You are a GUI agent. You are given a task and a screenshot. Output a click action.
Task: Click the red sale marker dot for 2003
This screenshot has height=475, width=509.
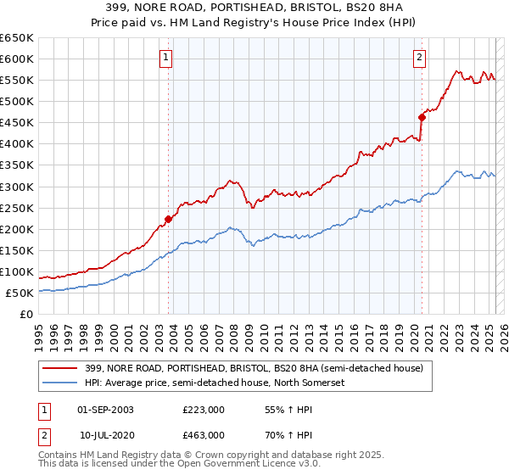coord(168,219)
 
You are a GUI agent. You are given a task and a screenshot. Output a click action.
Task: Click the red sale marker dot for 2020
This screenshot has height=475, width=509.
coord(422,117)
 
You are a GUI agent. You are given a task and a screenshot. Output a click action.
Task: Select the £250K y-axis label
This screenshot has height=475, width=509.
coord(17,208)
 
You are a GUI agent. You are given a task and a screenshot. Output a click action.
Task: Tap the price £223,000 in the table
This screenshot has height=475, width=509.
coord(204,409)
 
